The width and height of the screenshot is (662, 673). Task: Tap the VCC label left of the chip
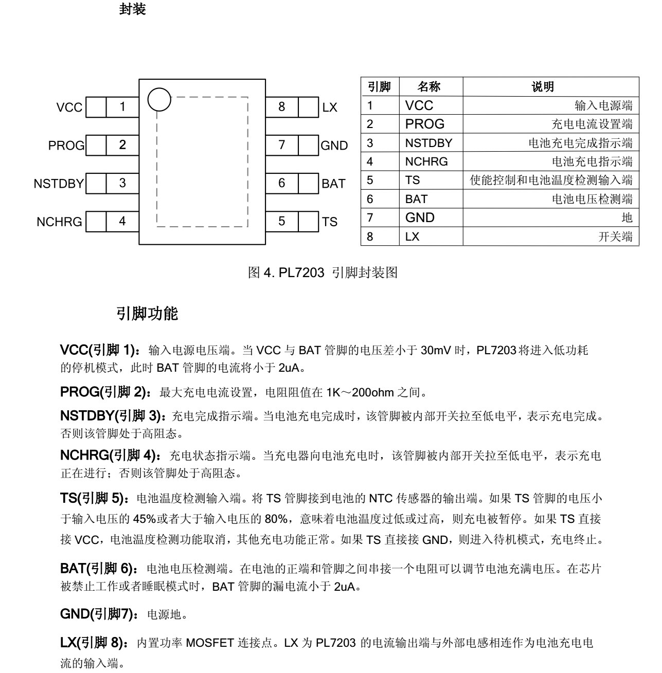69,107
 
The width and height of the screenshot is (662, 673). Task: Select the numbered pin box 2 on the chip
122,145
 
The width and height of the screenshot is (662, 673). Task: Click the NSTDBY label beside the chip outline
59,184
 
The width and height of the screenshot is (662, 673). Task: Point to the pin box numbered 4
122,221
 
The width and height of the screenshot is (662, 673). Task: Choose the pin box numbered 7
281,145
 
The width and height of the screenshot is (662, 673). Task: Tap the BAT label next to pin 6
333,184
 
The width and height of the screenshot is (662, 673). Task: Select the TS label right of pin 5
330,222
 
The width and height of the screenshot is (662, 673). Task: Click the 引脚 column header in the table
380,87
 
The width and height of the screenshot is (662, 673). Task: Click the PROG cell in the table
425,124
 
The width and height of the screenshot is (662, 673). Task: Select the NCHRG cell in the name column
426,162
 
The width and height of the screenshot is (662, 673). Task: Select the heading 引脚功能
147,314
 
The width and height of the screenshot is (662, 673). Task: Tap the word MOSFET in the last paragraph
210,643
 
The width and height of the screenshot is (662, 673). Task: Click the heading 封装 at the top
132,9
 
